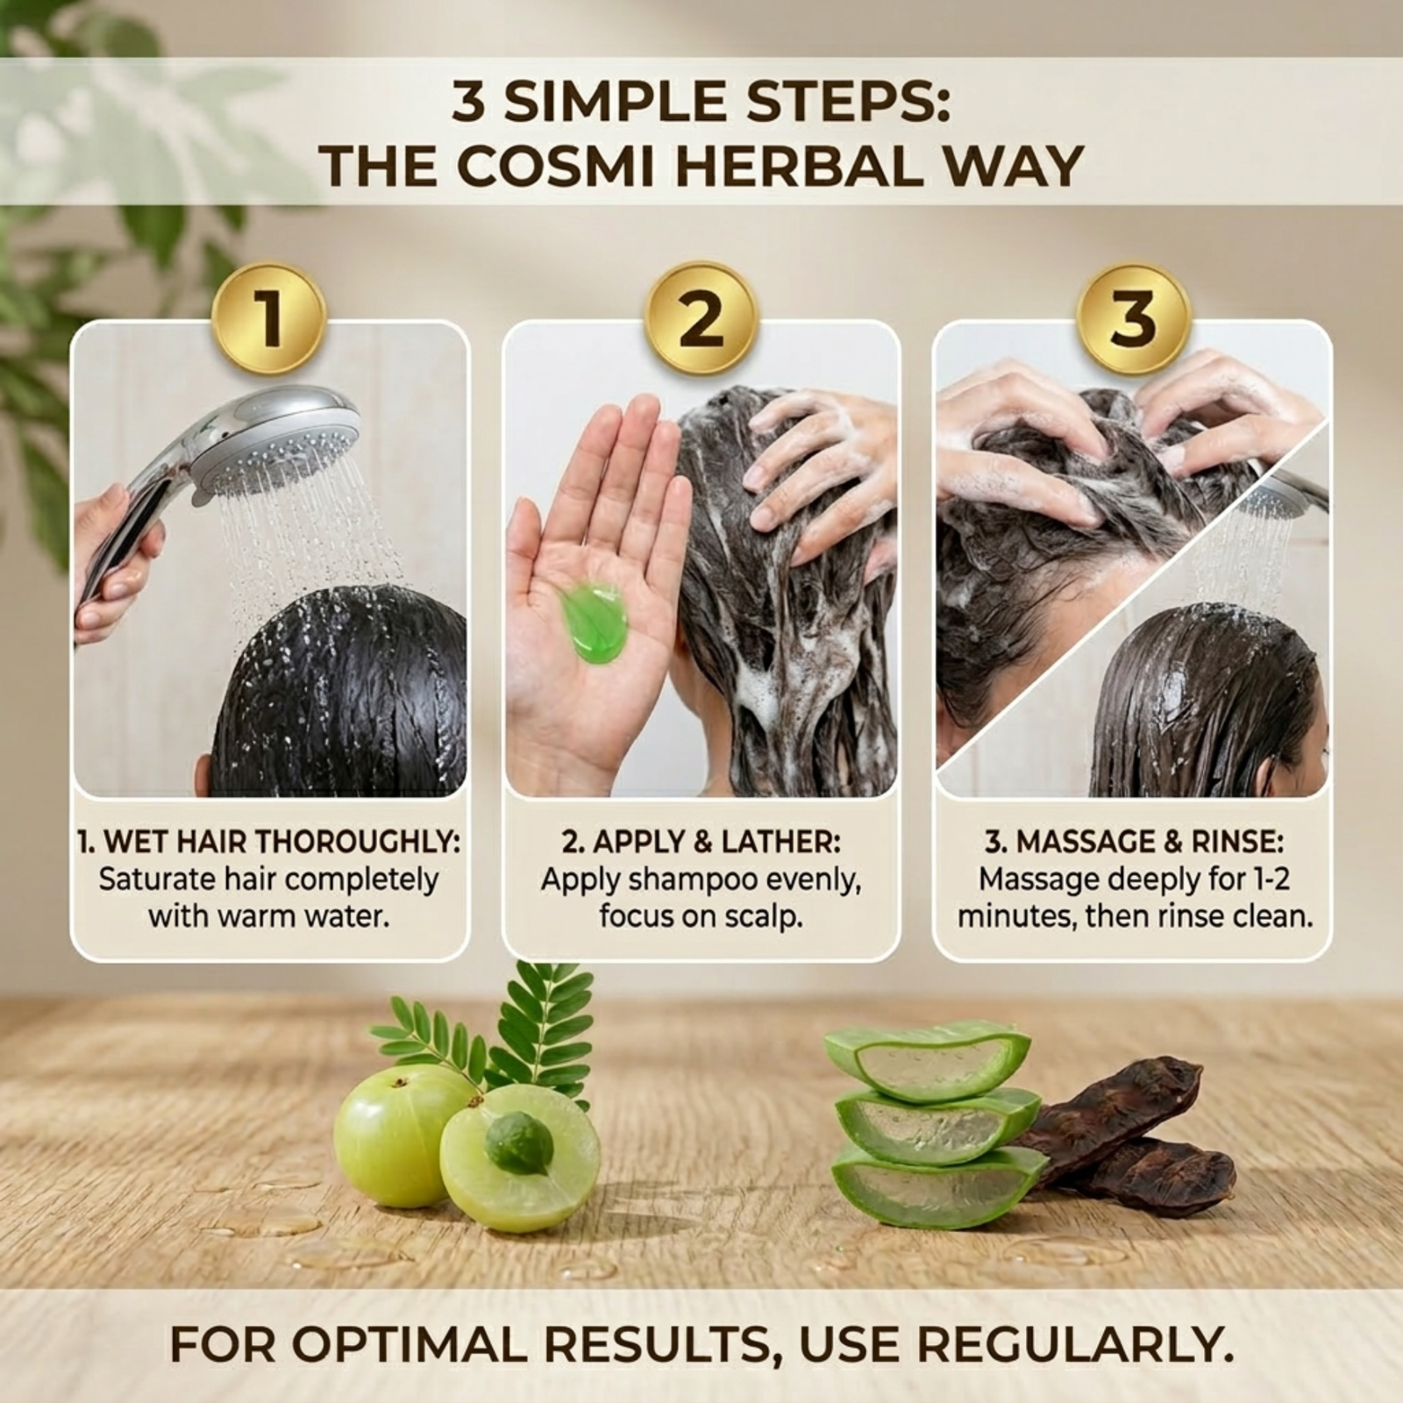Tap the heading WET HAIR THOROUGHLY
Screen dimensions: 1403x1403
[281, 842]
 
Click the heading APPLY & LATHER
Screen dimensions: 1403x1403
[714, 842]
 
